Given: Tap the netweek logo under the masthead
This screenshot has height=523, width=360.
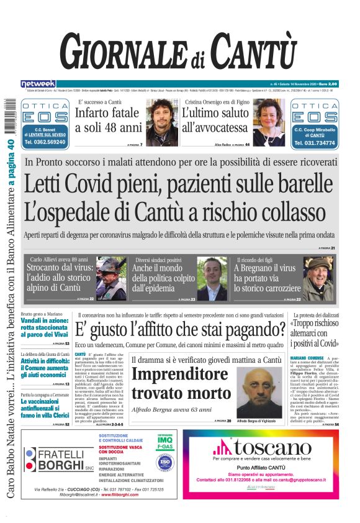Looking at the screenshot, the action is pos(38,83).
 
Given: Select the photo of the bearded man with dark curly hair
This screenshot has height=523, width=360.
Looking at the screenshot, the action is pos(162,122).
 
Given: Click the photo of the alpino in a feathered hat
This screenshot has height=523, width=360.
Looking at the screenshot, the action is pos(111,279).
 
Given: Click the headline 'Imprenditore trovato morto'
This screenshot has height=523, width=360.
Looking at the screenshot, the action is pos(180,383).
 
